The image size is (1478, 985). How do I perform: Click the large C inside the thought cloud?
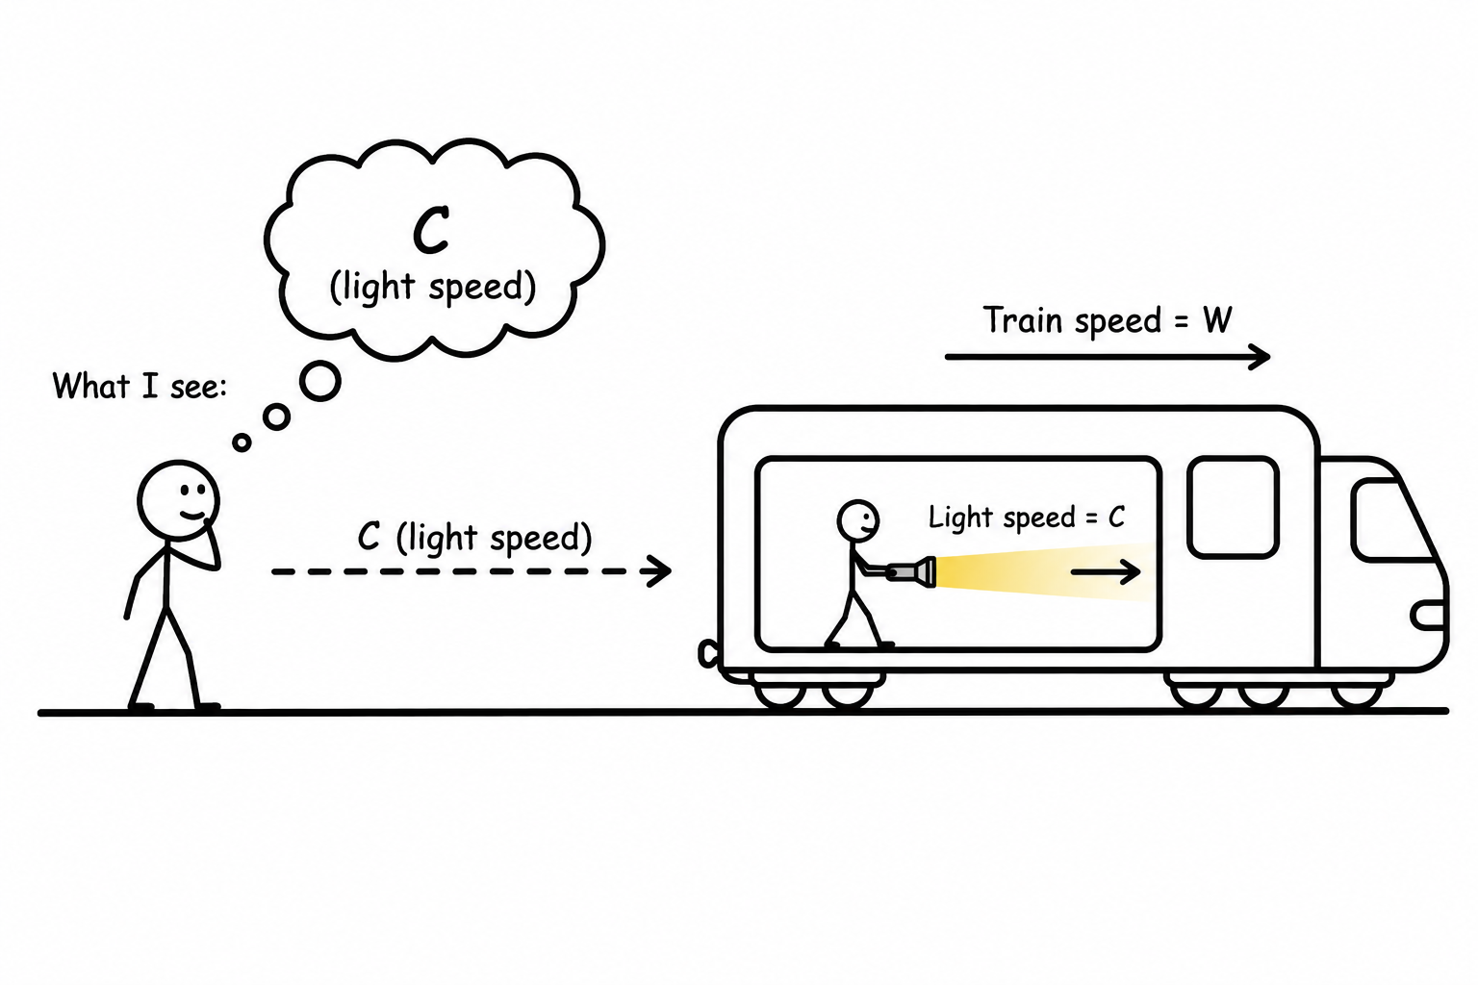(431, 230)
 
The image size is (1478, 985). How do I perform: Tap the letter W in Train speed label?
(1216, 320)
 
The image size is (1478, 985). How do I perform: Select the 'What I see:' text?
(140, 386)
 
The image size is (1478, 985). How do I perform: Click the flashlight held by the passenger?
(911, 571)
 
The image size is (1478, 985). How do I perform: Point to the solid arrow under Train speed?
(1108, 357)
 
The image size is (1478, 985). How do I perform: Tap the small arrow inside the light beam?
(1106, 572)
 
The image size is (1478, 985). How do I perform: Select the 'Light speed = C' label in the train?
(1027, 518)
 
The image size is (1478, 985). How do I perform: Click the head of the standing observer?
(178, 501)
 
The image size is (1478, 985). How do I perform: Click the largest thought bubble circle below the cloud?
(320, 381)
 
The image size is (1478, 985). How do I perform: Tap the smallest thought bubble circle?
(242, 442)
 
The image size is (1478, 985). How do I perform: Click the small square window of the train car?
(1234, 507)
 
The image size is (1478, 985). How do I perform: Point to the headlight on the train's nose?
(1429, 616)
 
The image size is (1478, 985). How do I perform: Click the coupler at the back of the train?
(708, 653)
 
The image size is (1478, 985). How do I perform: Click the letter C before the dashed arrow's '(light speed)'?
(369, 537)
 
